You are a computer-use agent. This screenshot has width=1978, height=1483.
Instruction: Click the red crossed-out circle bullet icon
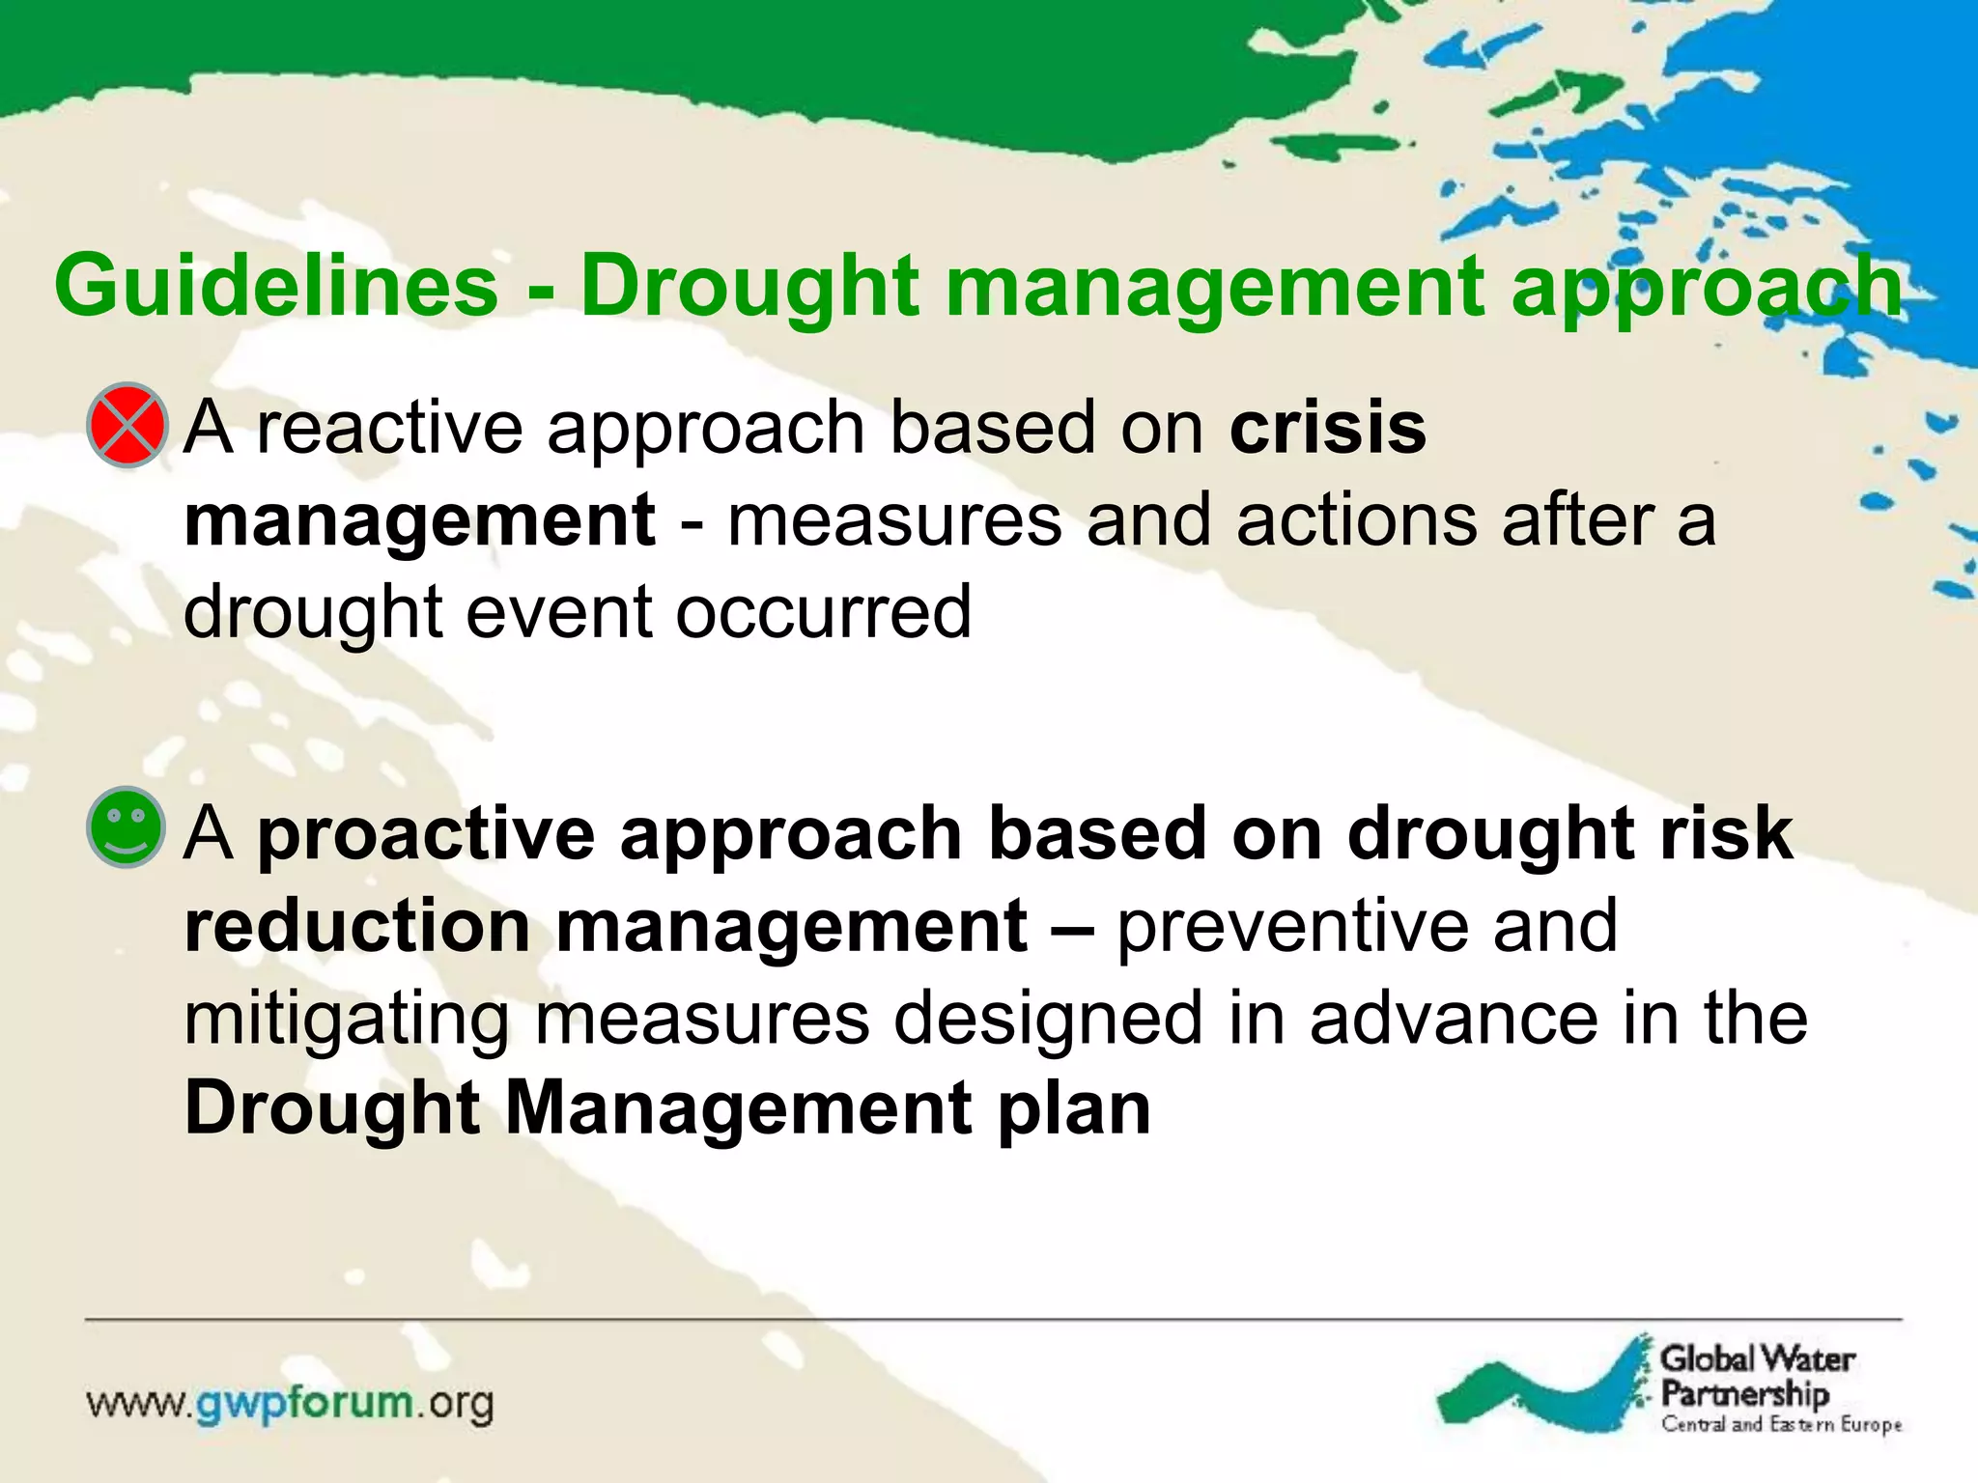127,426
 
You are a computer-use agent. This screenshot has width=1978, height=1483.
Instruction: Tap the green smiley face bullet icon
127,826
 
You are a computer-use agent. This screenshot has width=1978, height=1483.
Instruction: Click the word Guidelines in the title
276,286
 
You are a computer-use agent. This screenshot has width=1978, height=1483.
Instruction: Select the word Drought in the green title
748,286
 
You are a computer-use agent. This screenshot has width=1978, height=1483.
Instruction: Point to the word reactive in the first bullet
389,428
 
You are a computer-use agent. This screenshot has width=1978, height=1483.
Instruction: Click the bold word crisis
1328,428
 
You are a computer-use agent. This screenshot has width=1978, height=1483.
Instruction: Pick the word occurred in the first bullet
823,612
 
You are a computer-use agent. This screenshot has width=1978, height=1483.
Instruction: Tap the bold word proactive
426,833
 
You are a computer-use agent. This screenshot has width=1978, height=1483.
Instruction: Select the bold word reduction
357,926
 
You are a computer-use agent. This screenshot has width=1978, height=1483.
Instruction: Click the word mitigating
346,1020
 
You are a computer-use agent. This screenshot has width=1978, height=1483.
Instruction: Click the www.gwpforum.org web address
291,1403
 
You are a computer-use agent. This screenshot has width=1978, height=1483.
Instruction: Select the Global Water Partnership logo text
1756,1375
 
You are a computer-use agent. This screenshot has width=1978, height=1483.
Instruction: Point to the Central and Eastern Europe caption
1781,1425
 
